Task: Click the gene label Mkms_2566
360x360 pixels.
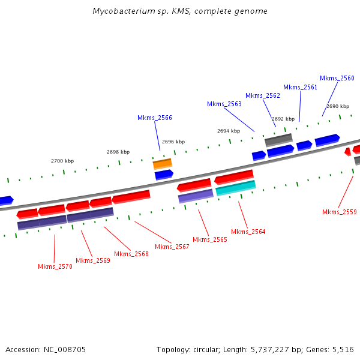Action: coord(155,118)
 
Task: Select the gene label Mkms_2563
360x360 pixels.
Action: coord(224,104)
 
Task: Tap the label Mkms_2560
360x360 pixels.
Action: coord(337,78)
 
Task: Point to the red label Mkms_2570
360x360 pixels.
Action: coord(55,266)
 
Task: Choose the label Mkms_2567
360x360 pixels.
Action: coord(172,247)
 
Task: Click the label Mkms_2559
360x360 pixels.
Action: coord(339,212)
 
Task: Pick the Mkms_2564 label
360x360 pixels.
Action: coord(248,232)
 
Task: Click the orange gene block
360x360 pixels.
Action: coord(163,163)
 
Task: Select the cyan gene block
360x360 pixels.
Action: coord(236,188)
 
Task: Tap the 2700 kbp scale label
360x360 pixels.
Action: coord(62,161)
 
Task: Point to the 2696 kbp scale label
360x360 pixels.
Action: coord(173,142)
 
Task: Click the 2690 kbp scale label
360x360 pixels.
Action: coord(338,106)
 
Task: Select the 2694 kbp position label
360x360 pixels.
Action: coord(229,130)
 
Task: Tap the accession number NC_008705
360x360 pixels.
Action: coord(64,349)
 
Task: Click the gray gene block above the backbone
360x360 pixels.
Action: coord(278,140)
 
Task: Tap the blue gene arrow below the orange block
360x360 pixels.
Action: coord(164,175)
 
